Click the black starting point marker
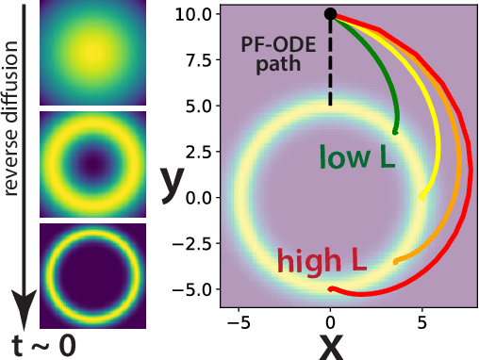tap(330, 13)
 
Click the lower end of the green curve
tap(395, 133)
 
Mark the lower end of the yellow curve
tap(421, 196)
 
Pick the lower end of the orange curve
tap(395, 261)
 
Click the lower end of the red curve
tap(331, 288)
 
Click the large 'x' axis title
tap(331, 345)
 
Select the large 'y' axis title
tap(171, 182)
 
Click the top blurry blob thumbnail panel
tap(92, 55)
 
